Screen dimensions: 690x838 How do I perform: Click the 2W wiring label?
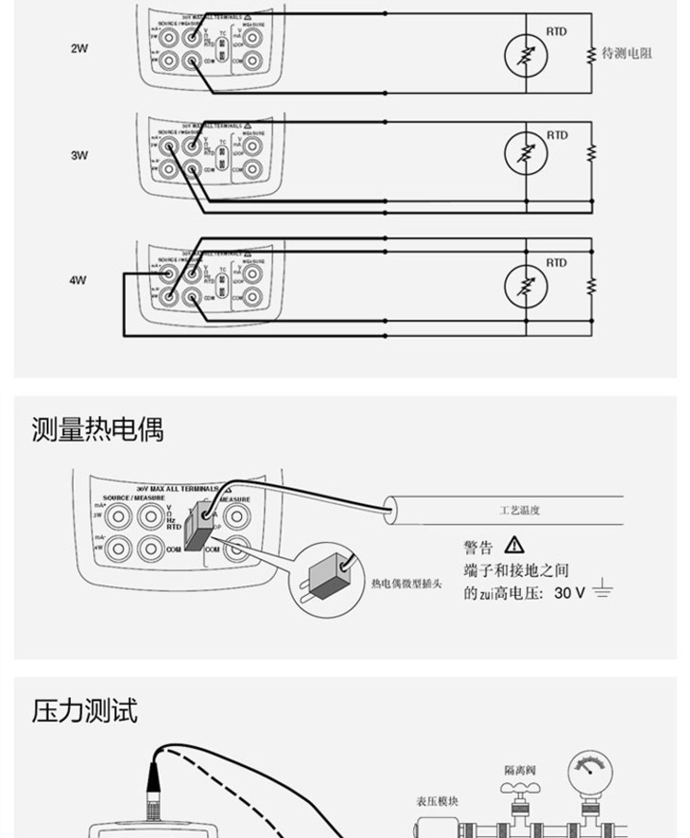coord(79,48)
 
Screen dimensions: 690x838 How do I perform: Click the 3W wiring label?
coord(79,155)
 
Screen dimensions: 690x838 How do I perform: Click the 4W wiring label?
coord(78,281)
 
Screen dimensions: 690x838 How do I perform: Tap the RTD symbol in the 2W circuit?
coord(525,57)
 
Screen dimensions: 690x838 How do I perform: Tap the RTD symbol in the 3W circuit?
coord(525,150)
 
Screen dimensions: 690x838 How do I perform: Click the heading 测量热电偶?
coord(97,429)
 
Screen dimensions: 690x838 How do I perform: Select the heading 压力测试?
coord(84,710)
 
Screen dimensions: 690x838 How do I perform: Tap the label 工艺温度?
coord(520,509)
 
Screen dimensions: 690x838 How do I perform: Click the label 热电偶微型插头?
coord(408,583)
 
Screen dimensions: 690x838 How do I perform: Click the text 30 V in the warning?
coord(569,593)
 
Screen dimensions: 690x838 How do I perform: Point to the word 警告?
coord(478,548)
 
